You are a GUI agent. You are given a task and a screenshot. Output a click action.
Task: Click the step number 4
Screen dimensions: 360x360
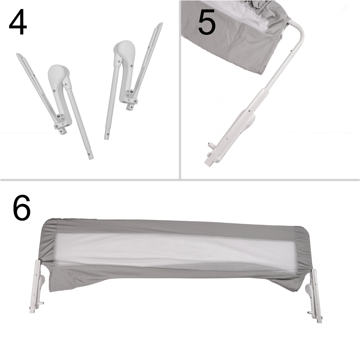tap(18, 22)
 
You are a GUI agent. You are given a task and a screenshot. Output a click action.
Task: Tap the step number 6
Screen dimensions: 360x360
tap(21, 208)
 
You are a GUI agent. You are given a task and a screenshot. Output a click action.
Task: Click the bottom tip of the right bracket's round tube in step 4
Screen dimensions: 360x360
tap(107, 137)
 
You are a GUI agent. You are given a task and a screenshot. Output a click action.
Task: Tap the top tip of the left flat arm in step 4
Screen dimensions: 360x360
tap(18, 54)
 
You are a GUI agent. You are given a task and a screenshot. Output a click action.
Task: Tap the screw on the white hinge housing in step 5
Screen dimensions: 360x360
tap(249, 111)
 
